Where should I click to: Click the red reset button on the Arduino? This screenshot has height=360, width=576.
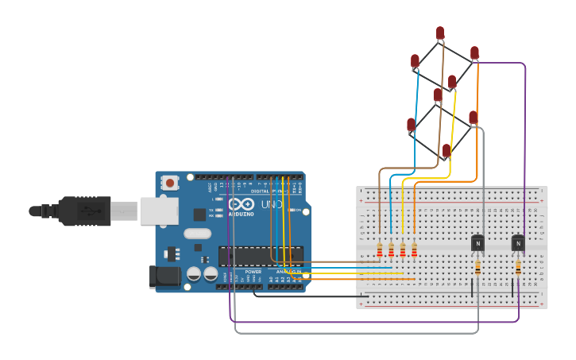click(x=169, y=184)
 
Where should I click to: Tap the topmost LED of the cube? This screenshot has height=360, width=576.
click(x=440, y=33)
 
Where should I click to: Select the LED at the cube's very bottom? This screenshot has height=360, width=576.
click(x=446, y=150)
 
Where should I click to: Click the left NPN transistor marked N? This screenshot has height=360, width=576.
click(x=477, y=243)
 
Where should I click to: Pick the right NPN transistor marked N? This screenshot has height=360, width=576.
click(x=518, y=243)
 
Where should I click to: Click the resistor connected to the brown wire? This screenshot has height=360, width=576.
click(x=380, y=250)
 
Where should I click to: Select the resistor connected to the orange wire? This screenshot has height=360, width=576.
click(x=414, y=250)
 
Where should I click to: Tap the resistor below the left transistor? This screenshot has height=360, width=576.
click(x=477, y=268)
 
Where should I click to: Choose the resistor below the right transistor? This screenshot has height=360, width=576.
click(x=518, y=268)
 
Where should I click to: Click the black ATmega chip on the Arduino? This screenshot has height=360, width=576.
click(x=261, y=256)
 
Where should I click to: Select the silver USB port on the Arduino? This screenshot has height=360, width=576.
click(x=159, y=211)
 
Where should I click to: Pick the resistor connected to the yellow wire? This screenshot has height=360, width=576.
click(x=403, y=250)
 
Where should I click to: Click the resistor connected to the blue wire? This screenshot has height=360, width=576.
click(x=391, y=250)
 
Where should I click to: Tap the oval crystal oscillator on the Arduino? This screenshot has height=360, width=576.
click(x=197, y=234)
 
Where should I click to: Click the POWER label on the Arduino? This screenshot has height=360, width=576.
click(x=253, y=271)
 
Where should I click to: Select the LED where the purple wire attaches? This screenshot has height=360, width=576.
click(x=474, y=53)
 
